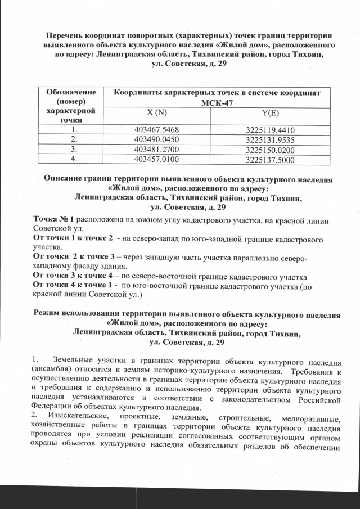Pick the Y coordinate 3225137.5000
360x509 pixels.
point(271,160)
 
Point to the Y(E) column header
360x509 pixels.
point(271,112)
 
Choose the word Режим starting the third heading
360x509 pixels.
point(50,313)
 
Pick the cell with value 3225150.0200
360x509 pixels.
point(271,150)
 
